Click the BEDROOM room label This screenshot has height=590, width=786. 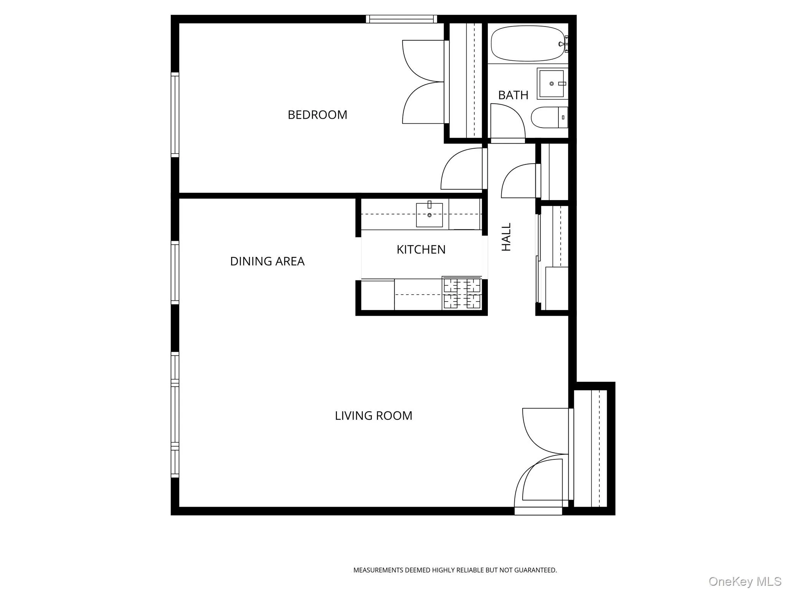(317, 115)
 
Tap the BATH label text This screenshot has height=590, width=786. (513, 95)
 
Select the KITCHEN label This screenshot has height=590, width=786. (421, 250)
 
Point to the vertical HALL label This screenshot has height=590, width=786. (507, 237)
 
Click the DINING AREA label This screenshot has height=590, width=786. (267, 262)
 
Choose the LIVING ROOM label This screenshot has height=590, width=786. (373, 416)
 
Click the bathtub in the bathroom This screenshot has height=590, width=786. (528, 43)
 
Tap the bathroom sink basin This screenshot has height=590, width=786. (552, 83)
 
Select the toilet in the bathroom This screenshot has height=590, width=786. (549, 117)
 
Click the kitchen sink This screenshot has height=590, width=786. (429, 215)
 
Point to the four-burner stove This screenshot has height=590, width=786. (462, 294)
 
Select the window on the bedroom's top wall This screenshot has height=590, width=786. (401, 19)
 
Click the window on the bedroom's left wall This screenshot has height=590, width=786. (175, 114)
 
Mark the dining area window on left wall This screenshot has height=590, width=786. (175, 272)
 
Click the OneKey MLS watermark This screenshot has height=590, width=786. (745, 581)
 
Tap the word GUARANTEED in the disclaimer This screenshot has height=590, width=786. (535, 570)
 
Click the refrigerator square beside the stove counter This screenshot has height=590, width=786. (378, 295)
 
